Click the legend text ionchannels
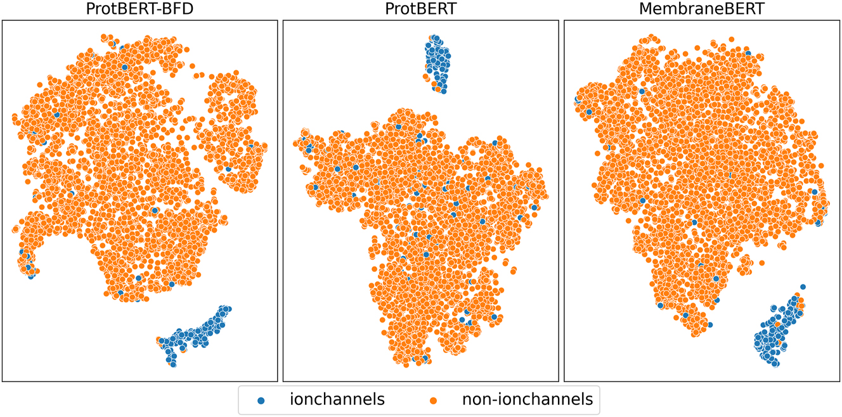tap(337, 399)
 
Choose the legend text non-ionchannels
tap(527, 399)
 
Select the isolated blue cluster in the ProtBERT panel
tap(437, 62)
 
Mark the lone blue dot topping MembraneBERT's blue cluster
tap(803, 287)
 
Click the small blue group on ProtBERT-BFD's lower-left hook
tap(27, 264)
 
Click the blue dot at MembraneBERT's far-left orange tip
tap(578, 100)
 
